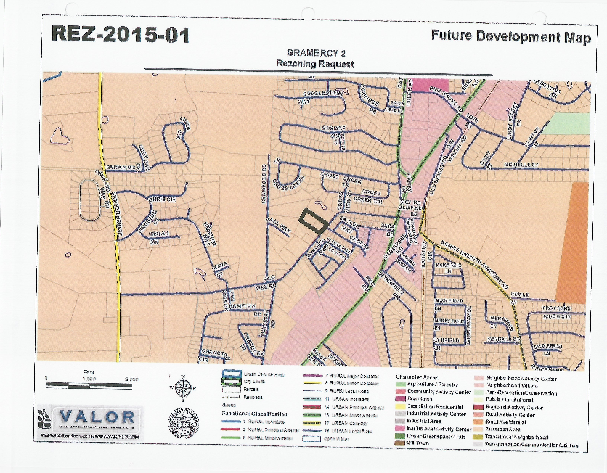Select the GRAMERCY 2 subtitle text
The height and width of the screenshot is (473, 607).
pos(316,53)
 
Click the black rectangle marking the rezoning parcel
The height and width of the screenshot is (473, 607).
pos(313,220)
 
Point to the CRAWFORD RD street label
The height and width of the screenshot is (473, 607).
pos(264,184)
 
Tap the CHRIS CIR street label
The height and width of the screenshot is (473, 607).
pos(162,200)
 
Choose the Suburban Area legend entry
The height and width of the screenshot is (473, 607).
pos(502,429)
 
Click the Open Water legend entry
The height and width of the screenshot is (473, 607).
pos(336,439)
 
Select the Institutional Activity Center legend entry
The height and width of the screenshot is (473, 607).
pos(439,429)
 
